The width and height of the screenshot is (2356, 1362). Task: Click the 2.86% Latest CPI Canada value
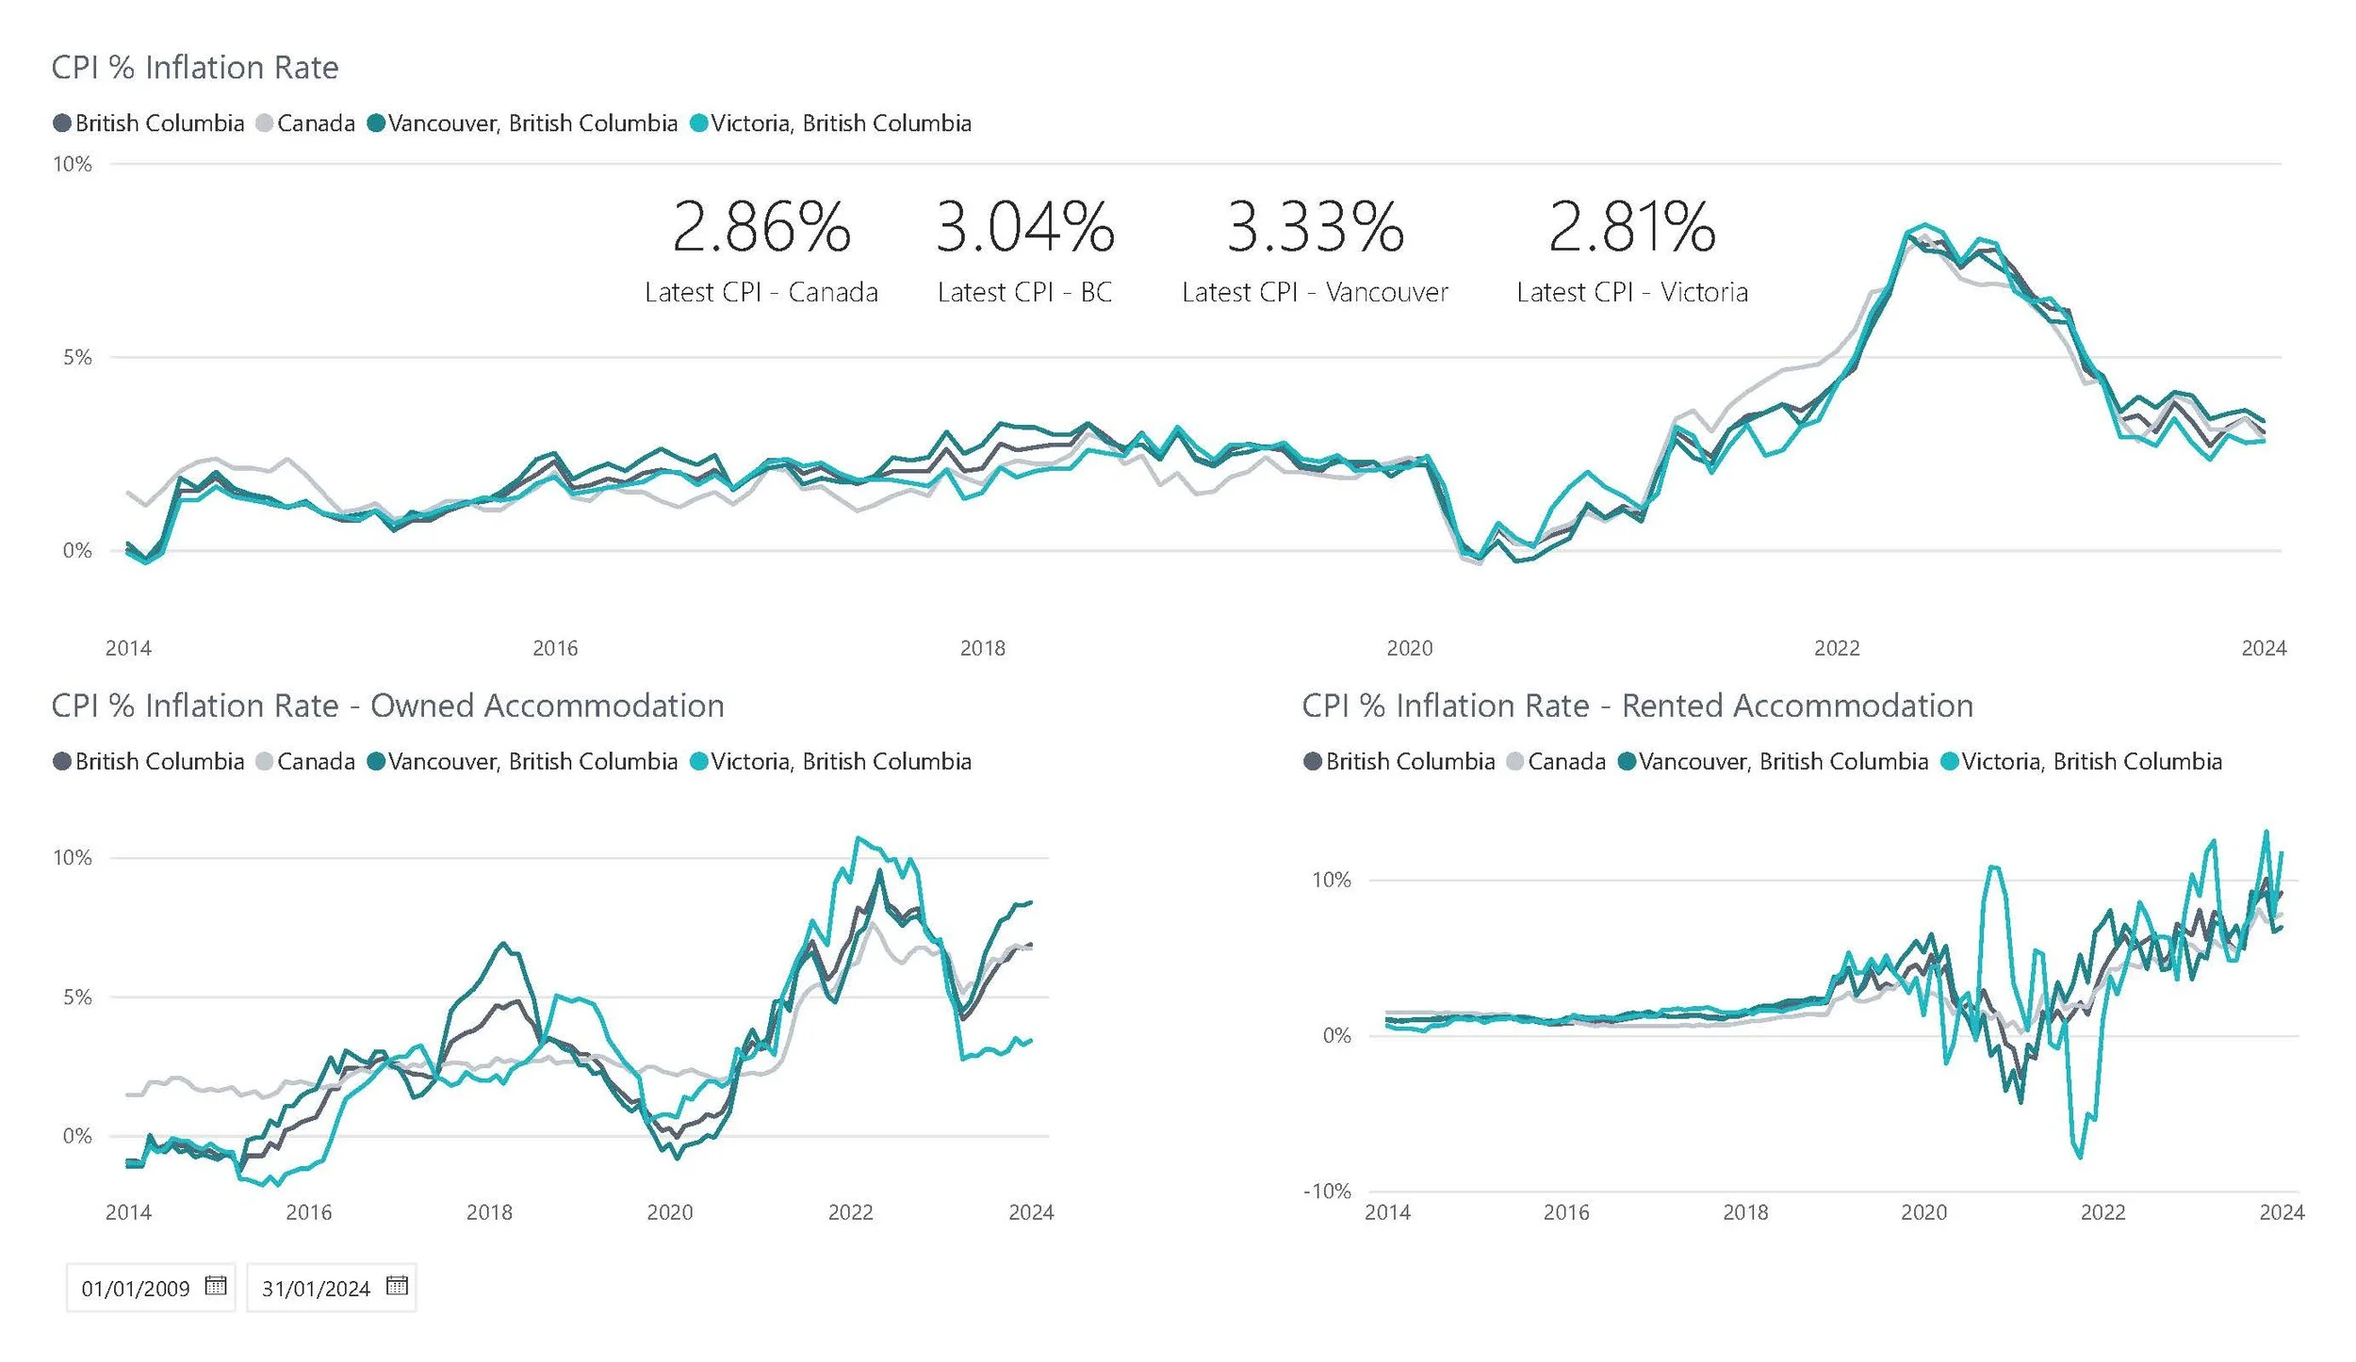761,228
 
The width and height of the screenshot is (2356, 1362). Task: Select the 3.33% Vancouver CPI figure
1315,228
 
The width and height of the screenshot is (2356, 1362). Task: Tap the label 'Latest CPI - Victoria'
1631,293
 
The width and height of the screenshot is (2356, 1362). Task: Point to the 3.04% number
1024,228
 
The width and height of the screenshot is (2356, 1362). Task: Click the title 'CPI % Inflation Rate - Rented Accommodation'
1637,705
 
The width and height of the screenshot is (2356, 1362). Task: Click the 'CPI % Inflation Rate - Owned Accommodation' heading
387,705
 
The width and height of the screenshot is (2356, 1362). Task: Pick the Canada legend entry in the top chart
305,123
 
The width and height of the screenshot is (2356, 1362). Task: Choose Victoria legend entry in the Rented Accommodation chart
2081,761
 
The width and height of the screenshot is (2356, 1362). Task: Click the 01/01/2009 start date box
136,1288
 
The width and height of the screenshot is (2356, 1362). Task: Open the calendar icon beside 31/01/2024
397,1286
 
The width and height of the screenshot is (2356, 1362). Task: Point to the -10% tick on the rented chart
1327,1192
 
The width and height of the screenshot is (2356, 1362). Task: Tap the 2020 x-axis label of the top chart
1409,648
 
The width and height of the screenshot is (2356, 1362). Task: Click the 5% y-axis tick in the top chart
77,358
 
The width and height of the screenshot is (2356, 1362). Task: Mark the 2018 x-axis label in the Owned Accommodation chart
488,1212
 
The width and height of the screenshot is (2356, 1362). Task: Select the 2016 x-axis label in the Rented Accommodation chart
1565,1212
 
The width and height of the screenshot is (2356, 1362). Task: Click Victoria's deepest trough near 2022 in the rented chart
2080,1157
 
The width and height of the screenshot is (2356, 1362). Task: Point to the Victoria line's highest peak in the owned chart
858,837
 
